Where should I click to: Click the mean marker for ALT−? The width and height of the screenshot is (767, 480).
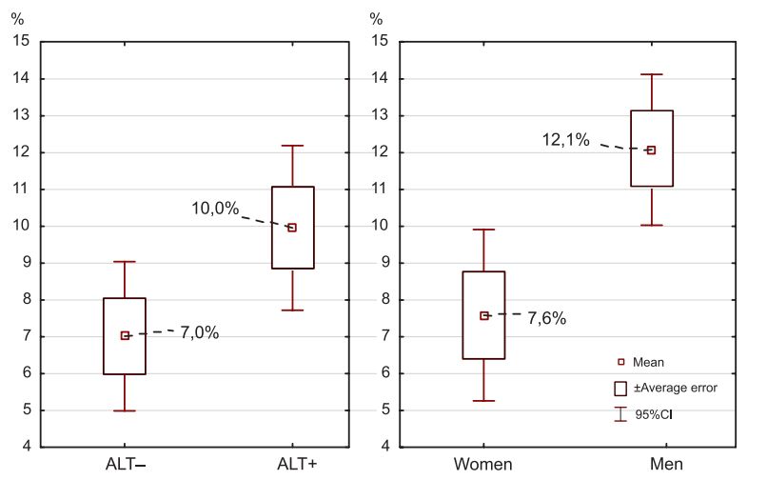pos(125,335)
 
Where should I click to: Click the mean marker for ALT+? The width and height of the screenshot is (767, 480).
pos(292,228)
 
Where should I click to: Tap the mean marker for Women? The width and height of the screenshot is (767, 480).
pos(484,315)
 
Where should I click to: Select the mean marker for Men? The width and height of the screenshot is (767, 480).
pos(651,150)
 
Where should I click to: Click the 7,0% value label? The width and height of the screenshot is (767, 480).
pos(200,332)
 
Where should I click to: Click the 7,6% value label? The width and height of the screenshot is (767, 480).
pos(546,319)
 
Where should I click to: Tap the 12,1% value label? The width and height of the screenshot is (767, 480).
pos(567,140)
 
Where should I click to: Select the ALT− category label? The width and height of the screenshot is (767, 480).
pos(125,465)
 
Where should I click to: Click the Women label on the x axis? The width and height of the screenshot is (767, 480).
pos(483,465)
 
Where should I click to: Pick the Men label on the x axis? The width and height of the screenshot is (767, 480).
pos(651,465)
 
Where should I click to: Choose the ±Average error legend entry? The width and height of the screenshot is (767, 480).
pos(665,388)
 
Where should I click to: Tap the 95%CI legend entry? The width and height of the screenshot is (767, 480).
pos(655,414)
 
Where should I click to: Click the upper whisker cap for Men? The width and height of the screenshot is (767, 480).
pos(651,74)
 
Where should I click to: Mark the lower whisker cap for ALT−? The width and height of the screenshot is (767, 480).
pos(125,410)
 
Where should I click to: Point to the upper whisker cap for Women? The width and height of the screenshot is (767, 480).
pos(484,230)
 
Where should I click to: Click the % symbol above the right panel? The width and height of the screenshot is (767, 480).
pos(376,19)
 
